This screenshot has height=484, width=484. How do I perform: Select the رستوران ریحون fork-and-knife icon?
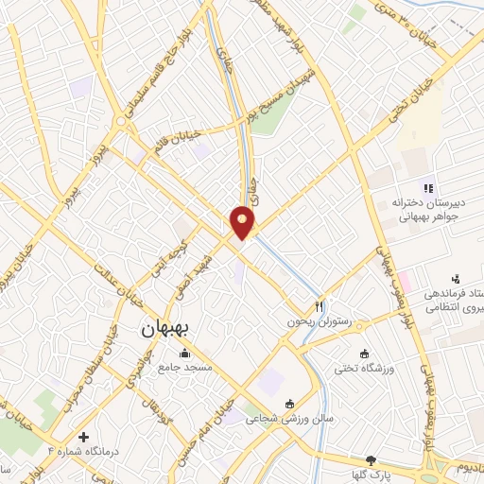pos(320,306)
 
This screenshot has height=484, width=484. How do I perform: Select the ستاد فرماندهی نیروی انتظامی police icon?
pos(458,278)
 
